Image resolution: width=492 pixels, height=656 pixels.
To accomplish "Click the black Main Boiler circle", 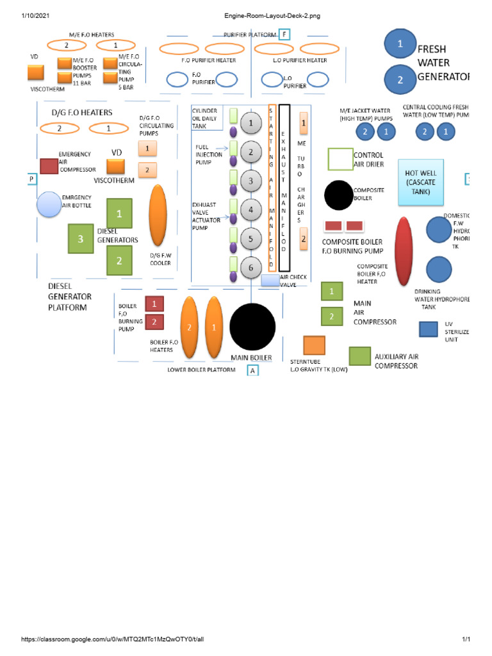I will click(252, 326).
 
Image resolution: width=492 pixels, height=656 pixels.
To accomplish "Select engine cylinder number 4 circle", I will click(252, 210).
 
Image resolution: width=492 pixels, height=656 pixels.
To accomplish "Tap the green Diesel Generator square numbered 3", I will click(81, 239).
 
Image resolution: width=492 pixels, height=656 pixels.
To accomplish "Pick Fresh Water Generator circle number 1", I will click(400, 44).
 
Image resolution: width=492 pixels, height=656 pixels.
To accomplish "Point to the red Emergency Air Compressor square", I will click(49, 166).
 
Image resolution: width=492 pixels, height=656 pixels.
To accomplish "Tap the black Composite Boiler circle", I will click(338, 195).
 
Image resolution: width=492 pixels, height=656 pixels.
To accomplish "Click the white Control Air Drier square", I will click(340, 160).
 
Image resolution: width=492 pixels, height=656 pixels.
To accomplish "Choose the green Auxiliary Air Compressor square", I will click(359, 356).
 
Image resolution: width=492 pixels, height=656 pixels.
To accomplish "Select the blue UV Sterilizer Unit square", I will click(428, 329).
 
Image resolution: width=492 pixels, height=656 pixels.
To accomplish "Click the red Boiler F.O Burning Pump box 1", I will click(154, 303).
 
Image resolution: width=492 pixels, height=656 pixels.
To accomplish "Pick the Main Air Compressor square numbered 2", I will click(331, 316).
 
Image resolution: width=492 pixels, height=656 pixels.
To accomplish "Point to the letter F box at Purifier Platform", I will click(284, 35).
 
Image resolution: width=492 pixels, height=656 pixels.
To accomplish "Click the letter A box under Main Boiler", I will click(252, 370).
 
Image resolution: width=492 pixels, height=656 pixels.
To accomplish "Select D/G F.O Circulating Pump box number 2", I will click(147, 170).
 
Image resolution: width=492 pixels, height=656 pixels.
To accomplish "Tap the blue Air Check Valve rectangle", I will click(270, 280).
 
